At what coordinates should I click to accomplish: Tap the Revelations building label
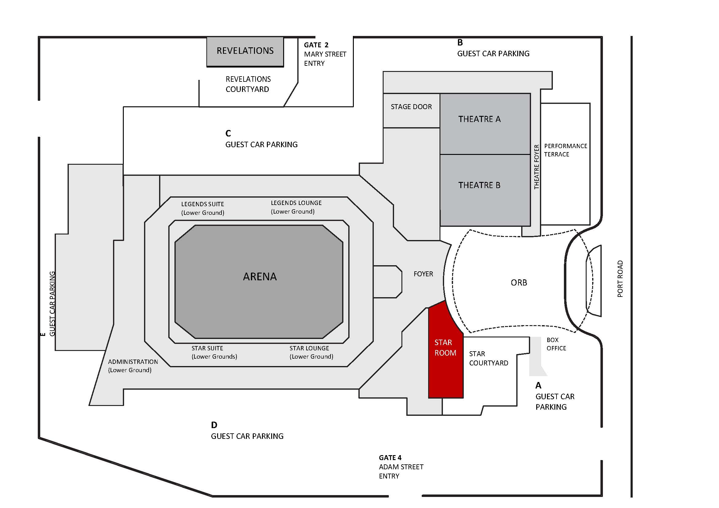coord(245,51)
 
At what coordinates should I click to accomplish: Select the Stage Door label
coord(411,107)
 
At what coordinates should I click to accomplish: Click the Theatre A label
coord(479,119)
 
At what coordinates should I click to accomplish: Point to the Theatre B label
coord(479,185)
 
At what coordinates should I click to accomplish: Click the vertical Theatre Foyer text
coord(537,167)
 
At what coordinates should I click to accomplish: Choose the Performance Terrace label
coord(565,150)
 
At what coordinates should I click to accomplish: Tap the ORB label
coord(519,283)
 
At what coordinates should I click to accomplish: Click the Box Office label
coord(556,344)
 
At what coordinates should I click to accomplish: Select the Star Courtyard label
coord(488,358)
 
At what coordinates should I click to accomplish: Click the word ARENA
coord(260,277)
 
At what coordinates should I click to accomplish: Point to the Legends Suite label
coord(203,208)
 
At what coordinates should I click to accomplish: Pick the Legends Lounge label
coord(296,207)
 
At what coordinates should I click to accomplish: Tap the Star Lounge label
coord(311,352)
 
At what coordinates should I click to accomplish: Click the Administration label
coord(133,366)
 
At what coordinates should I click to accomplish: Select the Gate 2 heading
coord(316,45)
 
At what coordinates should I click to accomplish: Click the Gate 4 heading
coord(390,458)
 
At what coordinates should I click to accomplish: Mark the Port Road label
coord(620,279)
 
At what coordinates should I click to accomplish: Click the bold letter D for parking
coord(214,425)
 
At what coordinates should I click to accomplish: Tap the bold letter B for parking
coord(460,42)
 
